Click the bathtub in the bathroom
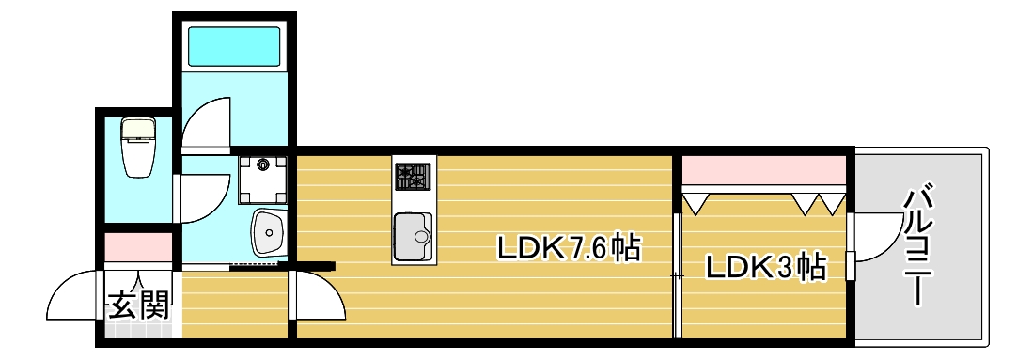[x=233, y=46]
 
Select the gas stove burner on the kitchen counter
[x=412, y=176]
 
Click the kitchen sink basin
[x=412, y=236]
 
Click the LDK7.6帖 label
[x=570, y=249]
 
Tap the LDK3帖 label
[x=765, y=269]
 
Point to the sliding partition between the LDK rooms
[x=677, y=273]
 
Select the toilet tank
[x=139, y=127]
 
